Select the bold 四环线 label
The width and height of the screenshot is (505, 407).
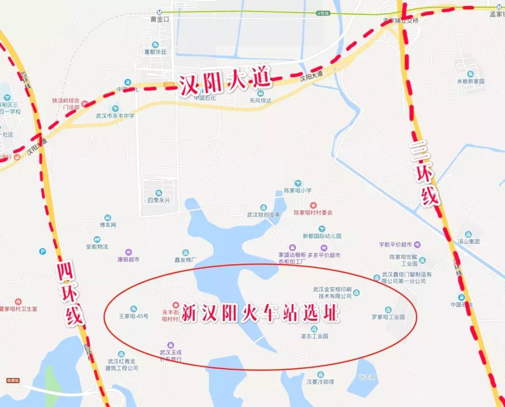[x=70, y=294]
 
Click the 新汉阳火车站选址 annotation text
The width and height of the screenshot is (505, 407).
[x=260, y=313]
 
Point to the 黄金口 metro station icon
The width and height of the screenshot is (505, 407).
[x=160, y=13]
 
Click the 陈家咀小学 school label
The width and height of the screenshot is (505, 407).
[x=297, y=190]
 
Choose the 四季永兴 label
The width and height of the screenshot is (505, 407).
[x=159, y=200]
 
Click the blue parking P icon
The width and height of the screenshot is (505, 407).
[x=43, y=251]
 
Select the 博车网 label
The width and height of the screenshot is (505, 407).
[x=108, y=225]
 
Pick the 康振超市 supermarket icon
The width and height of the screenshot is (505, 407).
[x=129, y=252]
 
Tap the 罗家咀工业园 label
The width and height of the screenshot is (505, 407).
[x=388, y=317]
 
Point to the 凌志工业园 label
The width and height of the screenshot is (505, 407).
[x=314, y=336]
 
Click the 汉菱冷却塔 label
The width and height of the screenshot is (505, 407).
[x=320, y=381]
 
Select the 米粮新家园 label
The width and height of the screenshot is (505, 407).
[x=470, y=81]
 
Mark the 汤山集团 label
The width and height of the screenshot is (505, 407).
[x=469, y=241]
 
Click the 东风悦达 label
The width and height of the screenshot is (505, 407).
[x=260, y=100]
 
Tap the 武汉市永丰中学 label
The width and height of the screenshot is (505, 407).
[x=115, y=116]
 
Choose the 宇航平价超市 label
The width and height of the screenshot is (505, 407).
[x=396, y=245]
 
